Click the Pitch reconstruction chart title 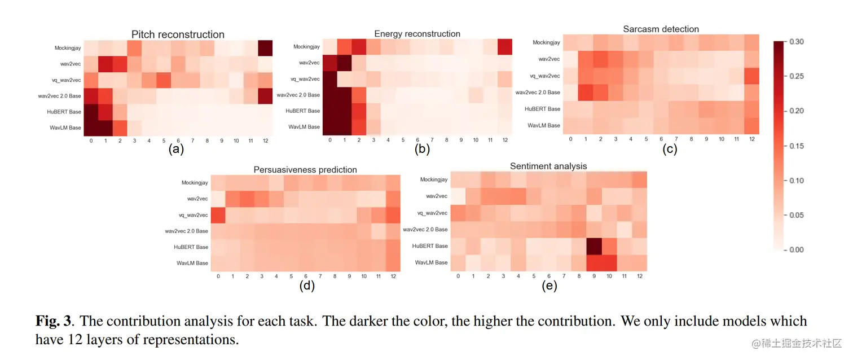tap(178, 34)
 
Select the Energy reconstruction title tap(417, 34)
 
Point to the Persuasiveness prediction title tap(305, 169)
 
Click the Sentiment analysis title tap(548, 166)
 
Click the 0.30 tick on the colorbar tap(797, 42)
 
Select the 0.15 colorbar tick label tap(797, 146)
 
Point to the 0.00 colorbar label tap(797, 250)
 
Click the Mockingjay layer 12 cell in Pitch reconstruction tap(265, 48)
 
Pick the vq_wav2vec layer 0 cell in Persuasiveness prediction tap(218, 215)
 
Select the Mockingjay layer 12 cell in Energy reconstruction tap(505, 47)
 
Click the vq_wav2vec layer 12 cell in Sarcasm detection tap(751, 76)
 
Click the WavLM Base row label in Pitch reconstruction tap(67, 128)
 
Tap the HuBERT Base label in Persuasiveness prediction tap(191, 247)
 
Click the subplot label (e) tap(549, 286)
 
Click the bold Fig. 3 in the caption tap(54, 322)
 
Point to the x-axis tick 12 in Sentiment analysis tap(639, 276)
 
